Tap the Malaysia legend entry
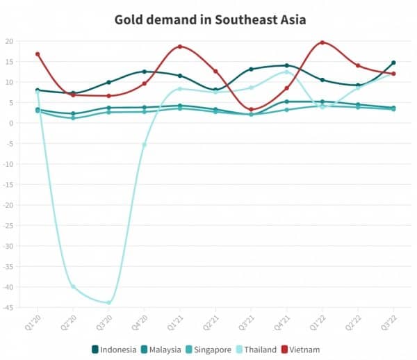click(161, 349)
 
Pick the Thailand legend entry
click(258, 349)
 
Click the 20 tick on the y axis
click(9, 41)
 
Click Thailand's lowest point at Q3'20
click(109, 302)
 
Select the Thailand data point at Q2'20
click(73, 286)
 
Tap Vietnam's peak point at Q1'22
click(322, 42)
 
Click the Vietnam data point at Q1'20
click(38, 54)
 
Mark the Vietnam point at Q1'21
click(180, 47)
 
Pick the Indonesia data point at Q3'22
click(393, 63)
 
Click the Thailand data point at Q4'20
click(145, 145)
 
